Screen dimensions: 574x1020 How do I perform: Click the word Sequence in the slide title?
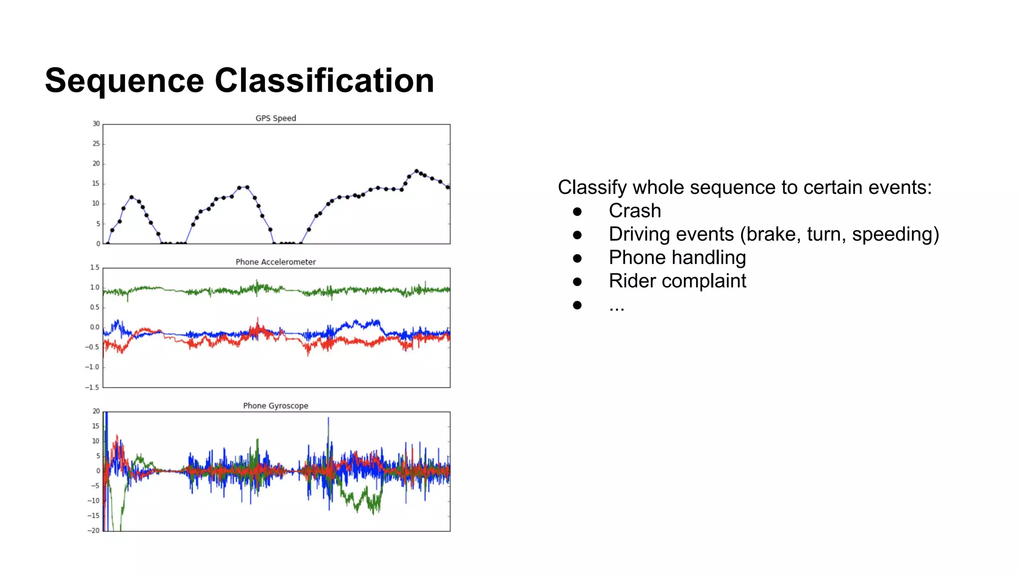tap(125, 81)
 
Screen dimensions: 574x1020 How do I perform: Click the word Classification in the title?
tap(324, 81)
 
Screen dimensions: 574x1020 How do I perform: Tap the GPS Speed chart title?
tap(275, 118)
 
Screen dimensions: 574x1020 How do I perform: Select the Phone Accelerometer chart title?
tap(275, 262)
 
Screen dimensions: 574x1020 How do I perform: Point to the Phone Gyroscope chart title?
tap(275, 406)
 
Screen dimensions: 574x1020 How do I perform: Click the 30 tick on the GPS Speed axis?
tap(96, 124)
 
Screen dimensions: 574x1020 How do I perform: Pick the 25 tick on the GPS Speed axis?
tap(96, 143)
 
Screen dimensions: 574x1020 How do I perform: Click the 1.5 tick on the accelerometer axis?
tap(95, 268)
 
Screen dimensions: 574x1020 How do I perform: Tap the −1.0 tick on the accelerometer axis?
tap(92, 367)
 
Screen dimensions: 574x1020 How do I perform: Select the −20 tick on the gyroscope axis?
tap(94, 531)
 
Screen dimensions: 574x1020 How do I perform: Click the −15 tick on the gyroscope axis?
tap(94, 516)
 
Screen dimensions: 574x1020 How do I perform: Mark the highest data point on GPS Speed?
tap(417, 171)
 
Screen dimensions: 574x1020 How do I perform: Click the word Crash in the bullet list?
tap(635, 211)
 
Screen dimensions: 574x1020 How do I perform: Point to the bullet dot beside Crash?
tap(577, 212)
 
